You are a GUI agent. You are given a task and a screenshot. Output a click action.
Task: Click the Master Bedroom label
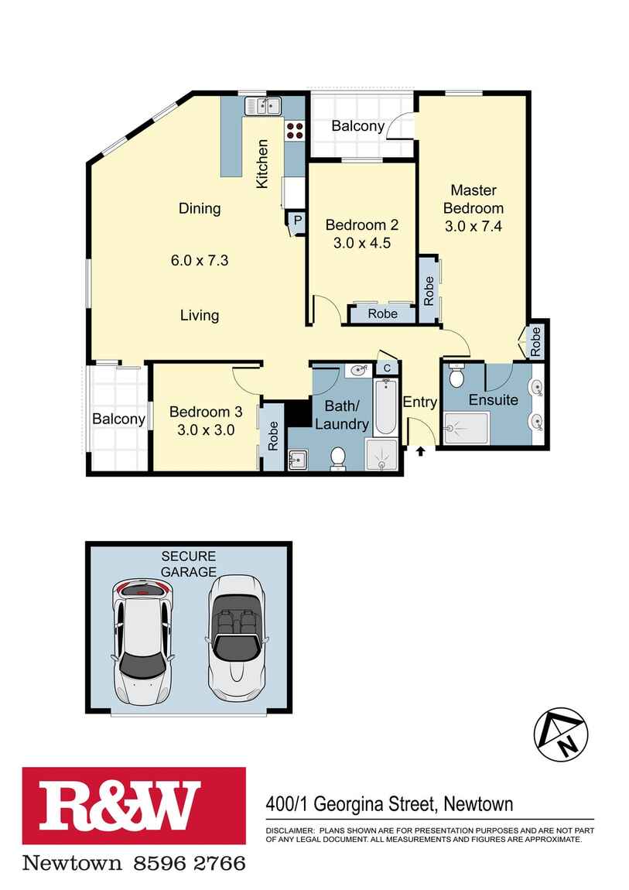tap(473, 199)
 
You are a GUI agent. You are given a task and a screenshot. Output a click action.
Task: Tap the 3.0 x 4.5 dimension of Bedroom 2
tap(361, 242)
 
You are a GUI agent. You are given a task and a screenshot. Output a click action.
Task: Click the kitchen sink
tap(263, 105)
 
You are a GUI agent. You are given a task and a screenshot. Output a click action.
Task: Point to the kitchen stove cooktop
tap(295, 130)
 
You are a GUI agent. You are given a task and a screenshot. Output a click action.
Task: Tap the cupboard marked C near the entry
tap(387, 369)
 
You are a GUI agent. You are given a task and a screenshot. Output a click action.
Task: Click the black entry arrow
tap(421, 450)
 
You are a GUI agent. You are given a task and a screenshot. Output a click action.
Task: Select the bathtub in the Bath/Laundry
tap(385, 408)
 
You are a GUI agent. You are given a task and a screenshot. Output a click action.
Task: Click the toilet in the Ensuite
tap(456, 378)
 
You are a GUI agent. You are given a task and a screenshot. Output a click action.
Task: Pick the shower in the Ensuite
tap(466, 428)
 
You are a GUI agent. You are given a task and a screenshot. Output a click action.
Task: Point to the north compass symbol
tap(561, 733)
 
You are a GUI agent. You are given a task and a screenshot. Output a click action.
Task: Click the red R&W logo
tap(134, 806)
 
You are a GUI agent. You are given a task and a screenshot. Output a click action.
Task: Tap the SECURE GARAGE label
tap(188, 564)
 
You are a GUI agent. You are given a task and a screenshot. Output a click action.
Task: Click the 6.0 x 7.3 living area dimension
tap(200, 261)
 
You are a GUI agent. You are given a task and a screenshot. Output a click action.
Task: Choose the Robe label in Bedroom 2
tap(382, 313)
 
